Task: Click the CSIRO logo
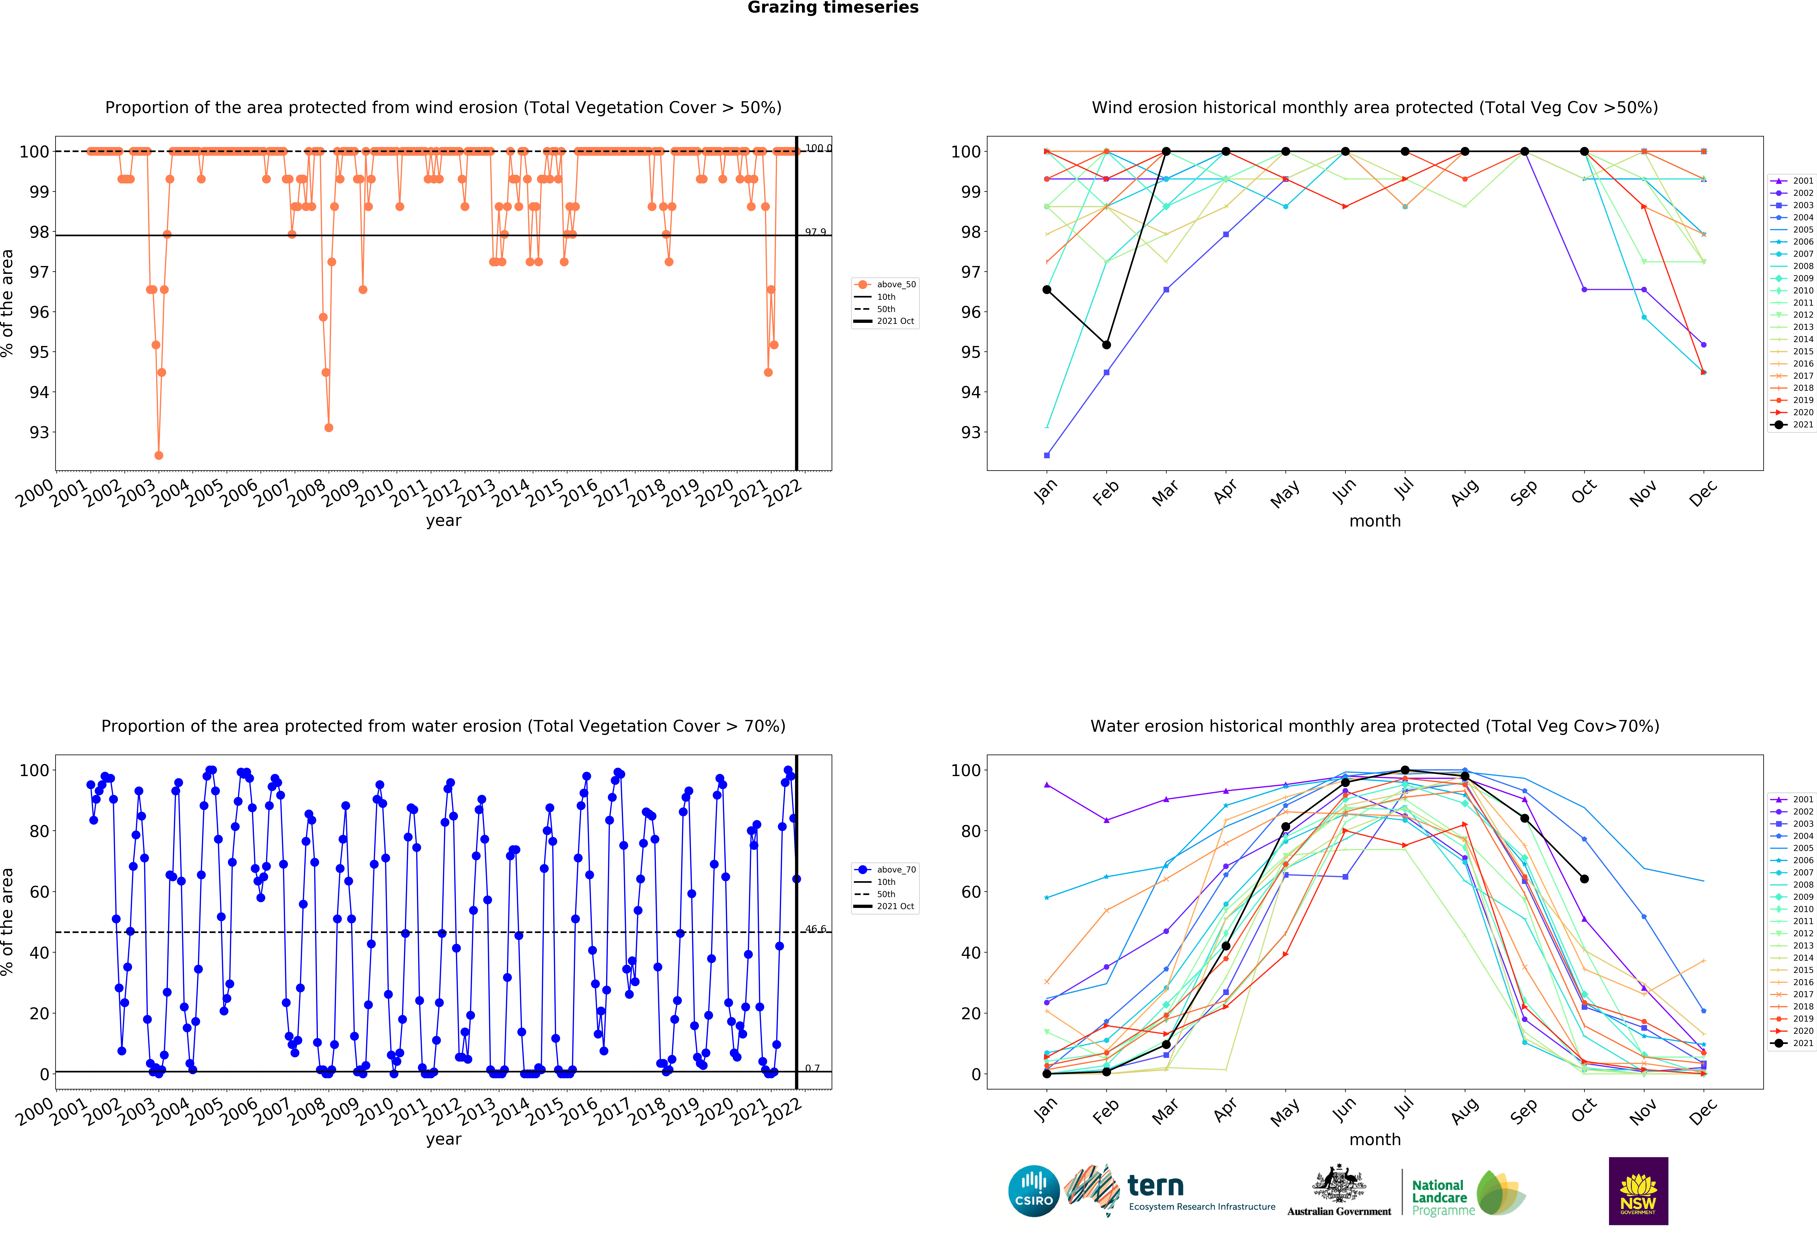[x=1034, y=1191]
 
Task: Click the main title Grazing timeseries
[x=833, y=8]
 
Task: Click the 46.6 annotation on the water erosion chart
[x=816, y=929]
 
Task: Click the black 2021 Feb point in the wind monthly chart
[x=1106, y=345]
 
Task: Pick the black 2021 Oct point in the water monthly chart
[x=1584, y=879]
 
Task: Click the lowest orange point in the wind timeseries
[x=159, y=455]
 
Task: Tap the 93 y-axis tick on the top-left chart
[x=39, y=433]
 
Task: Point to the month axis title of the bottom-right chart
[x=1374, y=1140]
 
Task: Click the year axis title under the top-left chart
[x=443, y=521]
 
